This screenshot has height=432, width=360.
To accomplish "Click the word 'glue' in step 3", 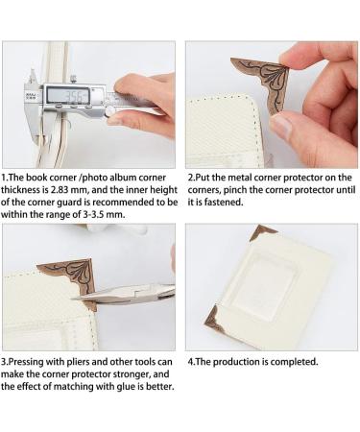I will pyautogui.click(x=108, y=385).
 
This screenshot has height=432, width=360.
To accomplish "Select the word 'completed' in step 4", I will pyautogui.click(x=293, y=362).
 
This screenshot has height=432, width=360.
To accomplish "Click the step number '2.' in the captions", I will pyautogui.click(x=190, y=178).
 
